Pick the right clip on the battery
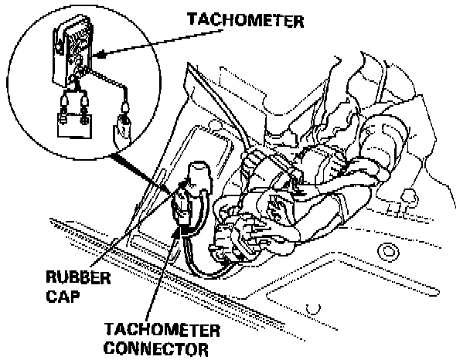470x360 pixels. tap(80, 100)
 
